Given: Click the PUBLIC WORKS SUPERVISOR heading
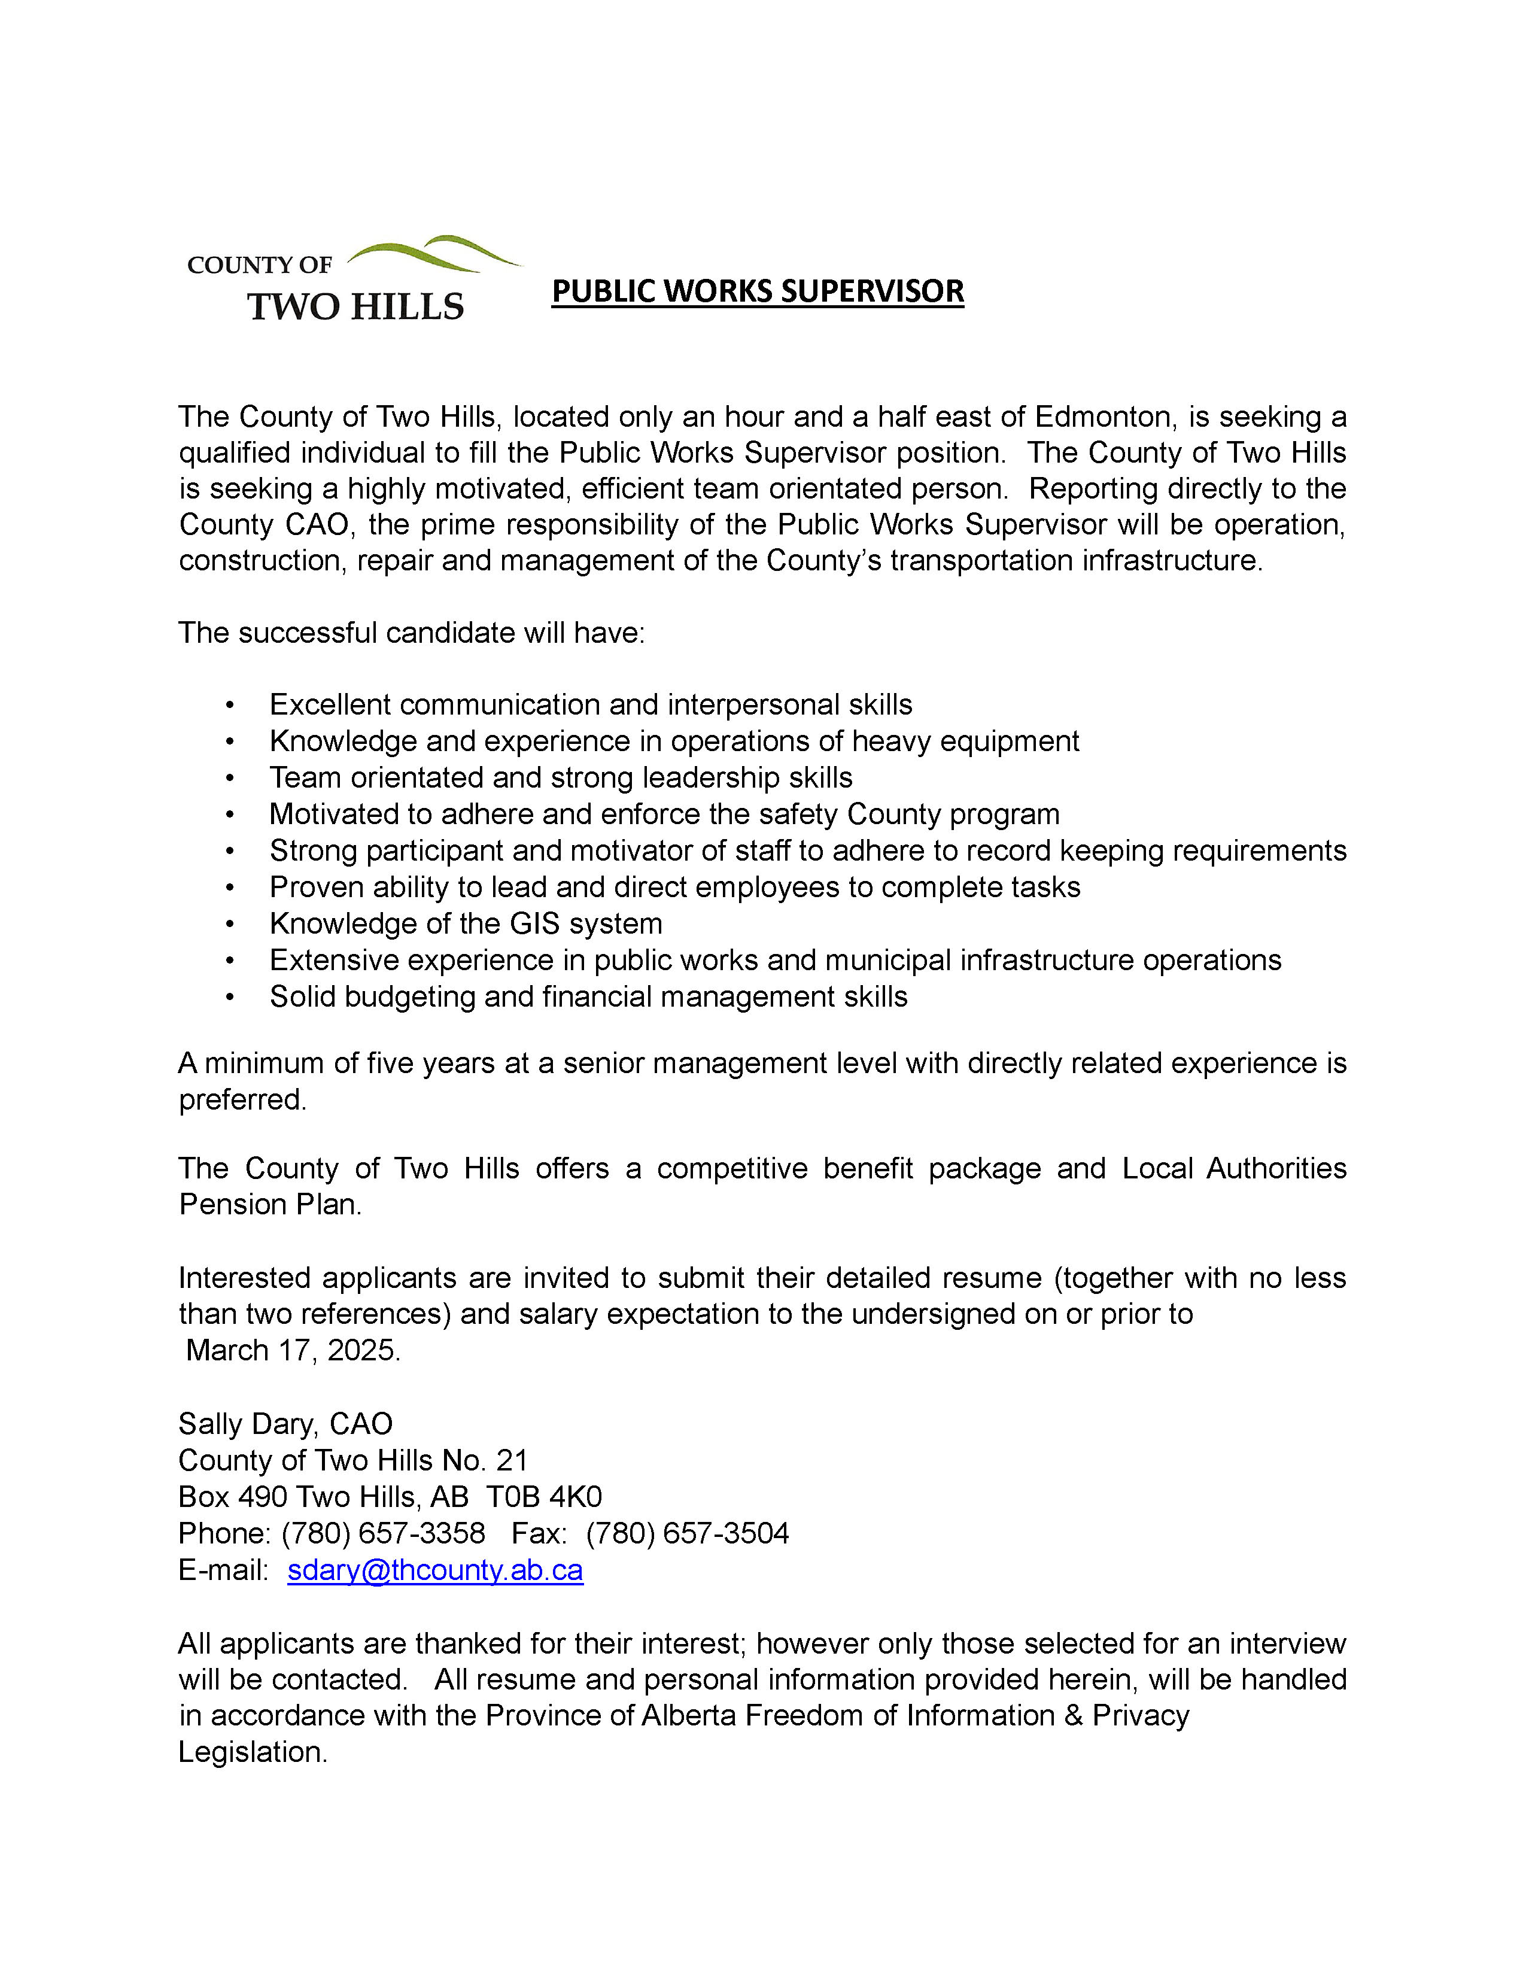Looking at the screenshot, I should pyautogui.click(x=758, y=291).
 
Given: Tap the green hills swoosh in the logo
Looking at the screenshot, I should pyautogui.click(x=434, y=253).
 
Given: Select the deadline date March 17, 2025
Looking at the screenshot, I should pyautogui.click(x=292, y=1350).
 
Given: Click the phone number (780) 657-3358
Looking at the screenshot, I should pyautogui.click(x=384, y=1533).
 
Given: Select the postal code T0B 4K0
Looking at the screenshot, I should pyautogui.click(x=544, y=1497).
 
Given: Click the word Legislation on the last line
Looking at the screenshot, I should pyautogui.click(x=251, y=1752).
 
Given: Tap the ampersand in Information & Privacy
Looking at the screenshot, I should pyautogui.click(x=1073, y=1715).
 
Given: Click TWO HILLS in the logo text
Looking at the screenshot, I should pyautogui.click(x=355, y=308).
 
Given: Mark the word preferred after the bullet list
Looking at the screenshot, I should pyautogui.click(x=241, y=1099).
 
